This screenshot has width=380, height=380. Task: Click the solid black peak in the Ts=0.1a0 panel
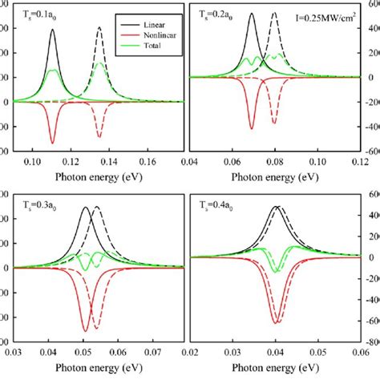coord(53,30)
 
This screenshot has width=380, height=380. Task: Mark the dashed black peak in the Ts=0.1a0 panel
coord(99,28)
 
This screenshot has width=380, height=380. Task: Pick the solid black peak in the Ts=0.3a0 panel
coord(86,208)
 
